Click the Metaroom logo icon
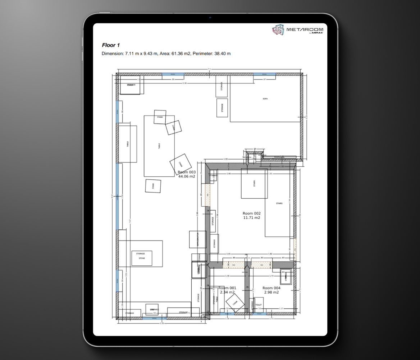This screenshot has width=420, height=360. tap(278, 30)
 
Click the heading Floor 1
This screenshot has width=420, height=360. tap(111, 45)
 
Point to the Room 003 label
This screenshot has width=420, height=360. tap(187, 172)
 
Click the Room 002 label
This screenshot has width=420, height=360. tap(251, 213)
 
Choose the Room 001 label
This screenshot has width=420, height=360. tap(227, 288)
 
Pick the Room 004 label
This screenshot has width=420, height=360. tap(271, 288)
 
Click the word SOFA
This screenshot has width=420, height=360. tap(265, 98)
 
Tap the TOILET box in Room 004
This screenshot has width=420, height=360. tap(259, 305)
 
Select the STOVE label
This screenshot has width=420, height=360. tap(141, 258)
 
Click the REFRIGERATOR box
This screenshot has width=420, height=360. tap(197, 239)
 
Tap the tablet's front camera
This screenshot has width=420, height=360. tap(210, 18)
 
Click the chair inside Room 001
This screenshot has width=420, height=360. tap(235, 303)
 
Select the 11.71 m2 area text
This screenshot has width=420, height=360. tap(251, 218)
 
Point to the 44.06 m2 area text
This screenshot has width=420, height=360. tap(187, 176)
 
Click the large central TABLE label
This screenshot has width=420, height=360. tap(159, 146)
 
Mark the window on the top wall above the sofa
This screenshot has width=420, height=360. tap(264, 74)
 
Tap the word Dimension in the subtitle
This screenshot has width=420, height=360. tap(113, 54)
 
